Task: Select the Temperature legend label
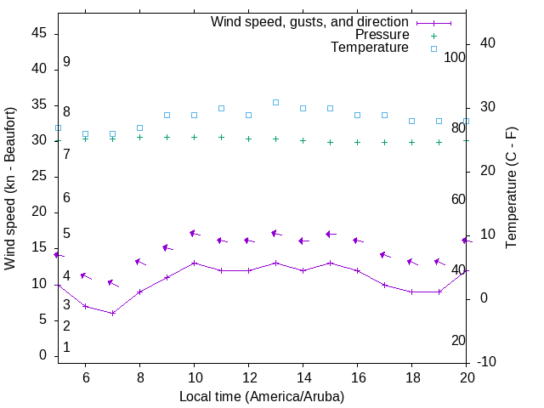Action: (370, 48)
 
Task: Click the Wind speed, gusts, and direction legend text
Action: (310, 22)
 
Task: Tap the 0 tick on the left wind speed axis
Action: (42, 355)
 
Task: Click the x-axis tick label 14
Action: (303, 377)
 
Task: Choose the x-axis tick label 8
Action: (139, 377)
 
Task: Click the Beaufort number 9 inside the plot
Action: (66, 62)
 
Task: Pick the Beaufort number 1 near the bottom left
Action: (66, 347)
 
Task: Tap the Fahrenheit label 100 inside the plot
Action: (455, 57)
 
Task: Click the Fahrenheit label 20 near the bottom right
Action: (458, 340)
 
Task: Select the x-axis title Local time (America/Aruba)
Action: (262, 396)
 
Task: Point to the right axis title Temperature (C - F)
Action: (511, 189)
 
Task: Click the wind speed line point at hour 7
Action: (112, 313)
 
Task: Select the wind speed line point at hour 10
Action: (194, 263)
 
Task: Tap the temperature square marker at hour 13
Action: (275, 102)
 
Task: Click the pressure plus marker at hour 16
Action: (357, 142)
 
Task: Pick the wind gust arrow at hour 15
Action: (330, 234)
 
